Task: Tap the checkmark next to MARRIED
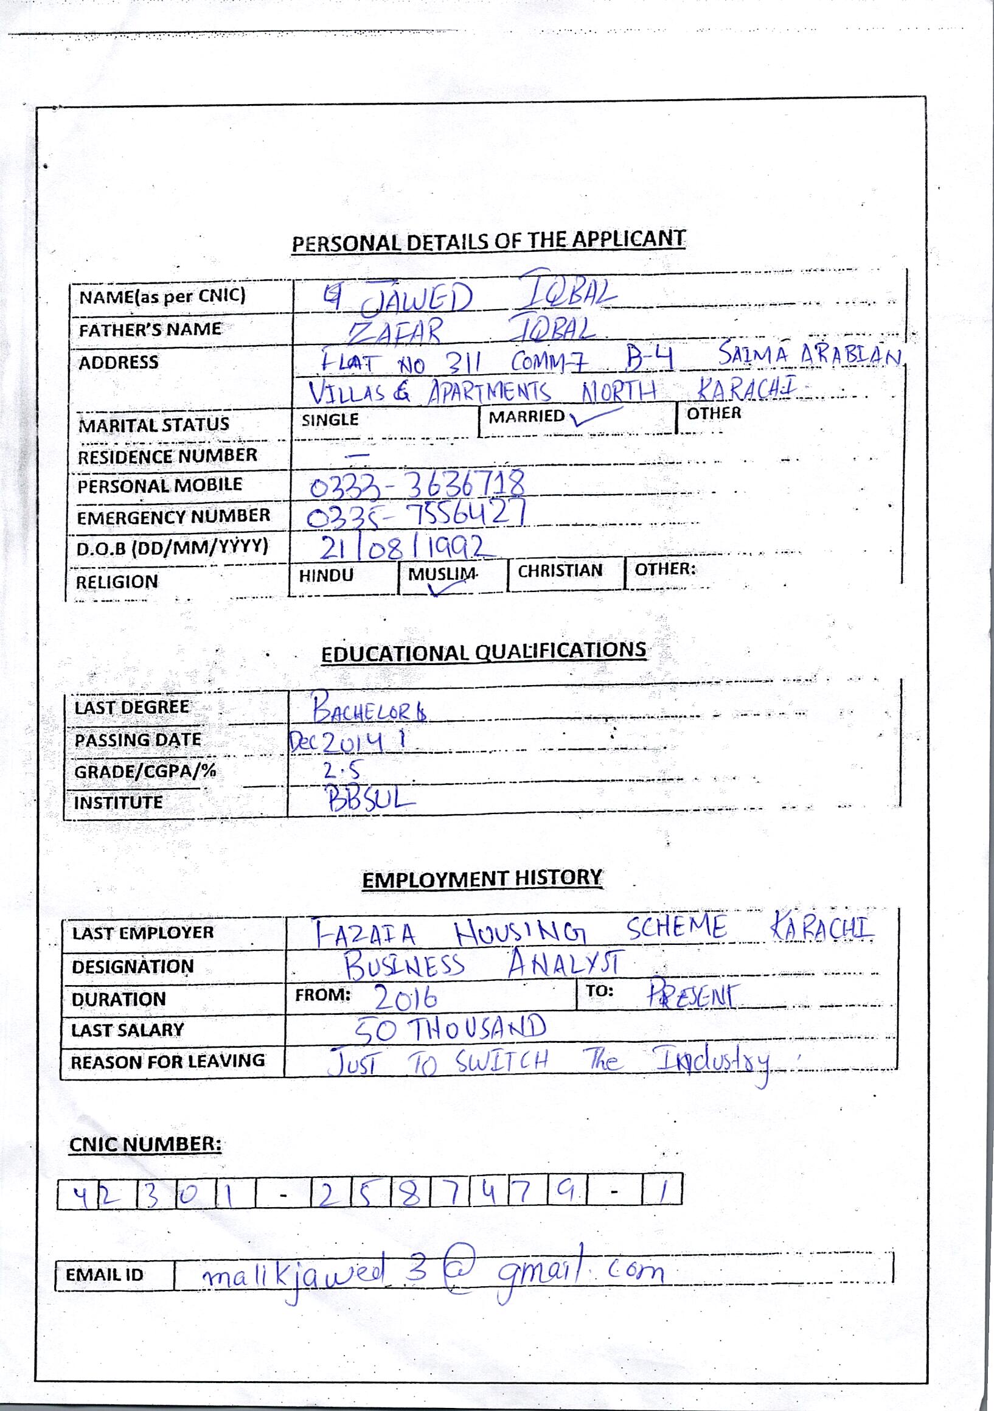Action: pyautogui.click(x=591, y=418)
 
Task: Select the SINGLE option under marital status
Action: pyautogui.click(x=330, y=420)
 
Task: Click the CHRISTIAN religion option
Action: pyautogui.click(x=560, y=571)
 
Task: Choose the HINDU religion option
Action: pyautogui.click(x=326, y=575)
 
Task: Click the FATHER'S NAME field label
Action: pyautogui.click(x=150, y=330)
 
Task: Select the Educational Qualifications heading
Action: pyautogui.click(x=484, y=652)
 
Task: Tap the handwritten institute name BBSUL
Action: pyautogui.click(x=371, y=800)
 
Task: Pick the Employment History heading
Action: pyautogui.click(x=482, y=879)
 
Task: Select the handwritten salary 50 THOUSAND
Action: pyautogui.click(x=451, y=1029)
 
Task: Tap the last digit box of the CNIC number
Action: pyautogui.click(x=662, y=1193)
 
